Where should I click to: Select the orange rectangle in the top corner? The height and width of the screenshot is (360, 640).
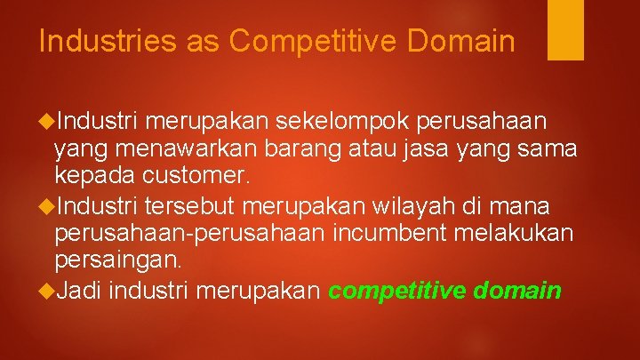[565, 28]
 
